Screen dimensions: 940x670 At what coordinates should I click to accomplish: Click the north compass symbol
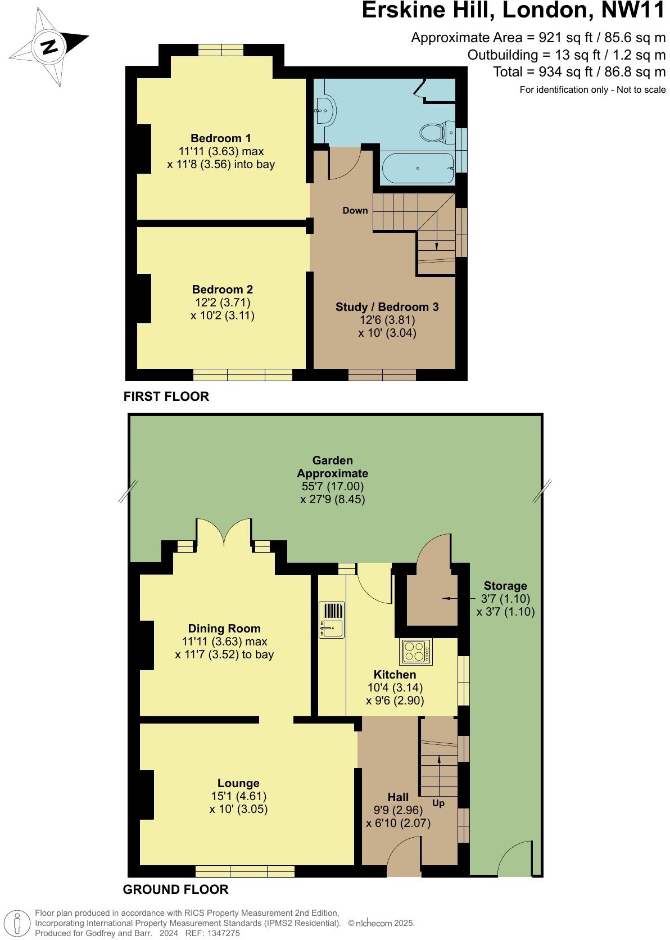pyautogui.click(x=49, y=46)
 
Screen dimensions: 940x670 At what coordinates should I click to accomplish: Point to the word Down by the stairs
pyautogui.click(x=355, y=210)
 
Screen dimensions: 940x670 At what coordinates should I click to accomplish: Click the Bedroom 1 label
pyautogui.click(x=221, y=138)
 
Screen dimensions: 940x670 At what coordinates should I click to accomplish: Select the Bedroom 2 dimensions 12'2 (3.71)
pyautogui.click(x=222, y=302)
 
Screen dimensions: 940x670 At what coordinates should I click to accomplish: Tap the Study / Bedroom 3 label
pyautogui.click(x=387, y=307)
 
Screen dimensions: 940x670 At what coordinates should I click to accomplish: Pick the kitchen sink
pyautogui.click(x=331, y=620)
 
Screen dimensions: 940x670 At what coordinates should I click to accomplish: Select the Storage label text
pyautogui.click(x=505, y=586)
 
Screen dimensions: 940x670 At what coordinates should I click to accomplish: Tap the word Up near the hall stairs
pyautogui.click(x=438, y=803)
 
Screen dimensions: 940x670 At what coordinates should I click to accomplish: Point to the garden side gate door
pyautogui.click(x=515, y=859)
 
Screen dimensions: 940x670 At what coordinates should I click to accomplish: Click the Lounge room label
pyautogui.click(x=238, y=783)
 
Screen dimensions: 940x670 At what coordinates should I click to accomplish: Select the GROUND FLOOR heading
pyautogui.click(x=175, y=889)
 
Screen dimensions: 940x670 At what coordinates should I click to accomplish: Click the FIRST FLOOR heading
pyautogui.click(x=166, y=396)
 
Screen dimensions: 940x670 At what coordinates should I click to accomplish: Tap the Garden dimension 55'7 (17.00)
pyautogui.click(x=333, y=486)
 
